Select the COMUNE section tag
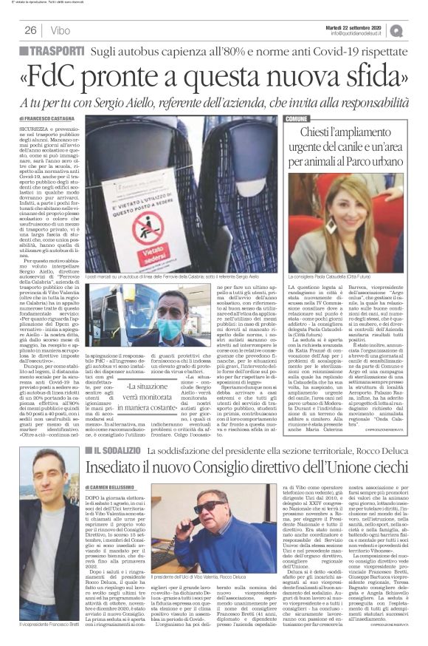(297, 118)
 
